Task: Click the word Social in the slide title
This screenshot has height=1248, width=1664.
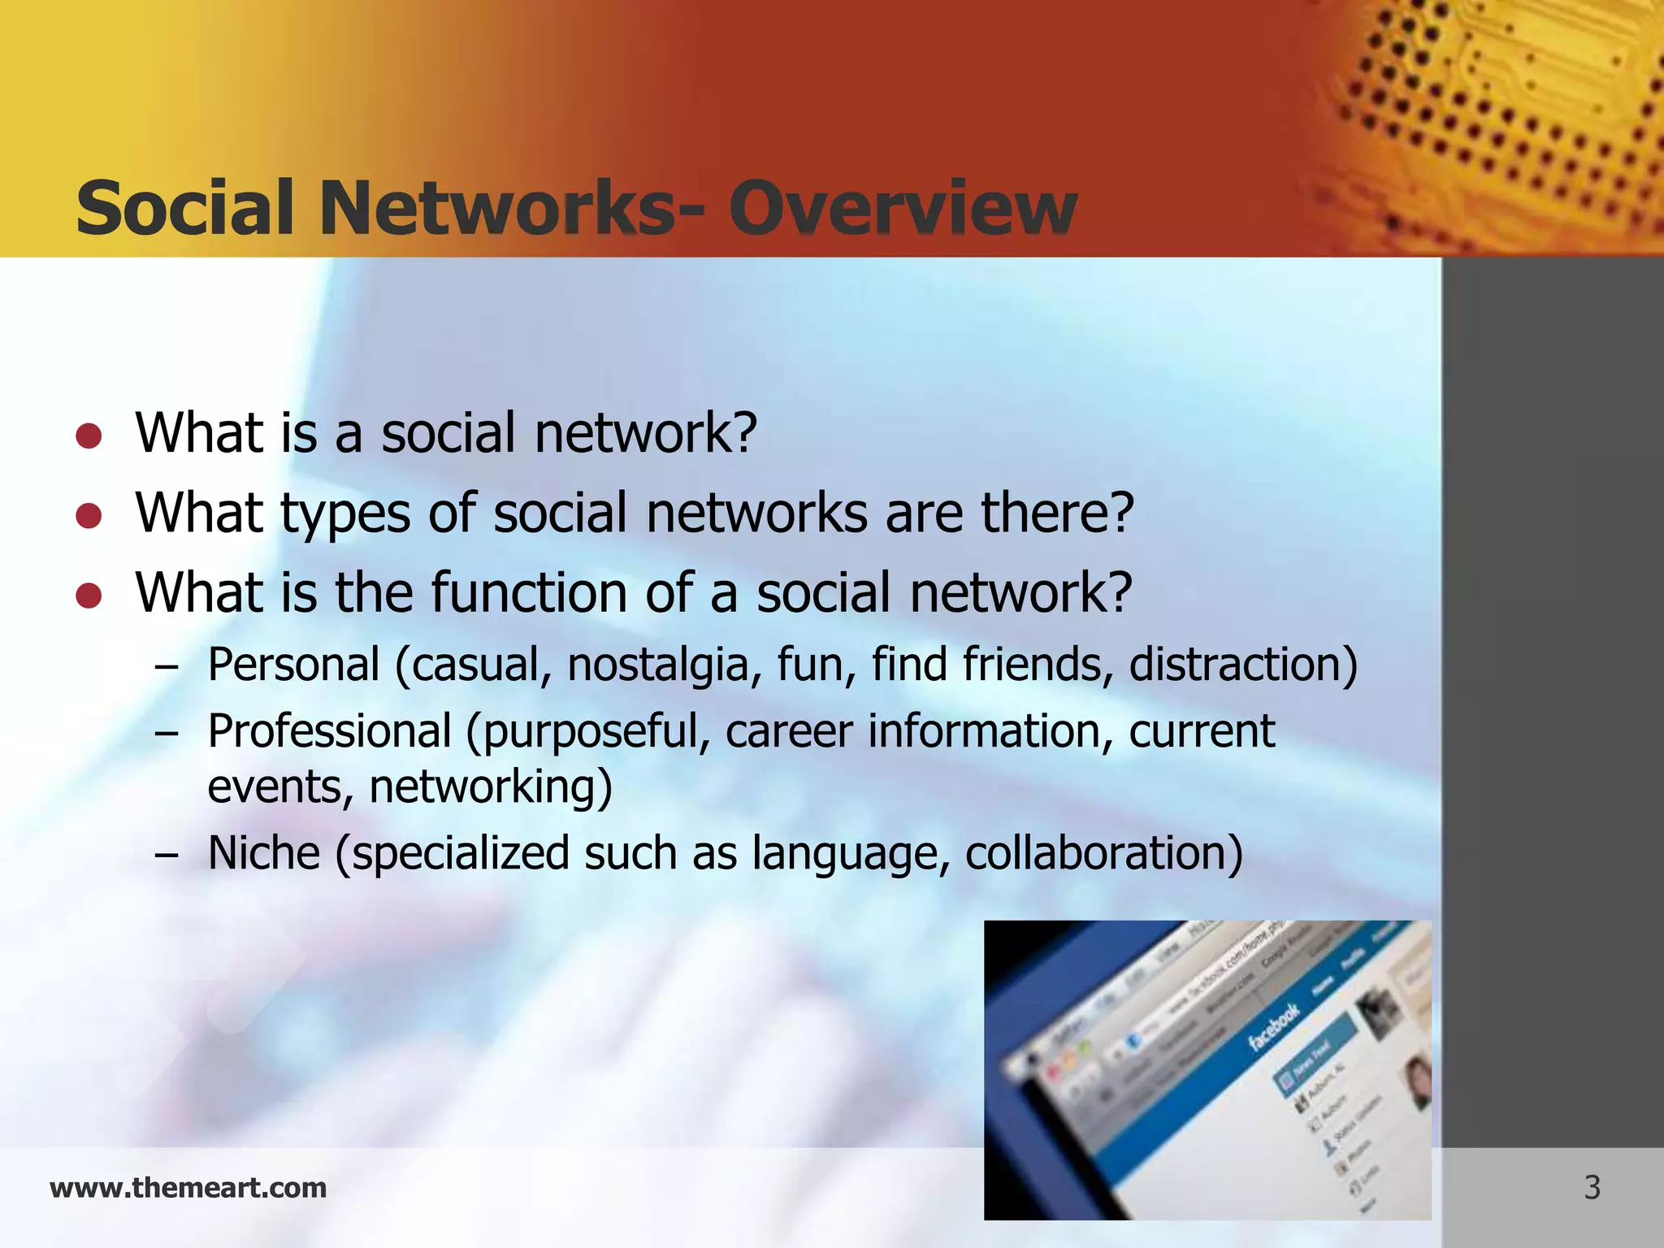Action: pos(184,209)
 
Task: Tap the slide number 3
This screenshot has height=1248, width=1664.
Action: pos(1592,1188)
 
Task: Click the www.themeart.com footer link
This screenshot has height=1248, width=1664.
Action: pos(188,1188)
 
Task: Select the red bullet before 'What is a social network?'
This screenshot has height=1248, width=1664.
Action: pos(89,436)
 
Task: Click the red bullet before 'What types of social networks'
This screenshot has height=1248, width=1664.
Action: pos(89,516)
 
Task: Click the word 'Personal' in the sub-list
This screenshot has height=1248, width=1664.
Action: pos(293,665)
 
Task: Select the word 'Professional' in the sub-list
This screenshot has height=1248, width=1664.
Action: pos(329,731)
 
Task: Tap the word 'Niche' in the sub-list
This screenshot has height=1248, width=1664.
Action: pos(264,853)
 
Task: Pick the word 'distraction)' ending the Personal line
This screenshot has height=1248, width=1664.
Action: pos(1242,665)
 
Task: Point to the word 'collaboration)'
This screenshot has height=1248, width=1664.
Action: pos(1103,853)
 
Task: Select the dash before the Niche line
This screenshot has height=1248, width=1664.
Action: pos(167,855)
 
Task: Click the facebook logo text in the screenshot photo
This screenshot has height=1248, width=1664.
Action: pos(1273,1028)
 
